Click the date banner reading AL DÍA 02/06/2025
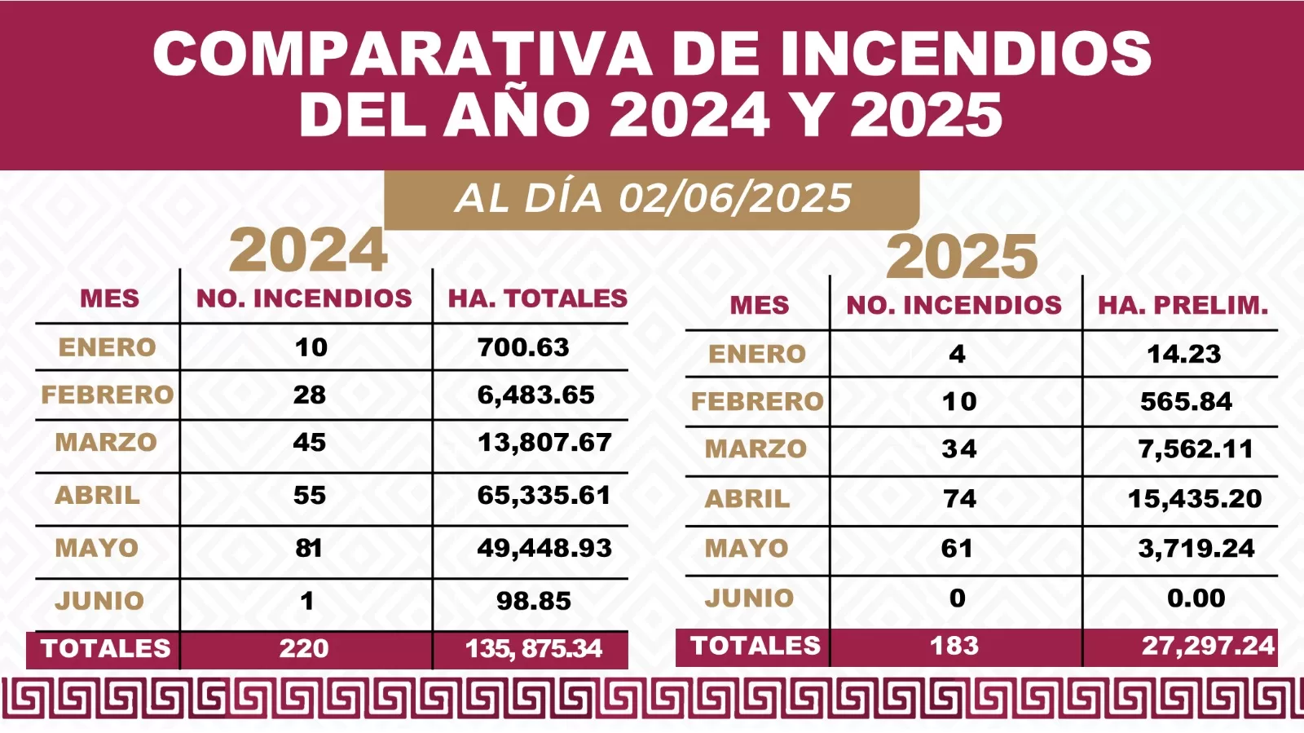[652, 198]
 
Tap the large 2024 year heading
[308, 250]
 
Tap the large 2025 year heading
[962, 257]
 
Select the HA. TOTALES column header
[537, 298]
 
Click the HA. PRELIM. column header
[1183, 305]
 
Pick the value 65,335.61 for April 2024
[544, 495]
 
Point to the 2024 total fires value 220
[304, 648]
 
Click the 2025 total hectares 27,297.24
[1208, 646]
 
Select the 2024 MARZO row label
[106, 443]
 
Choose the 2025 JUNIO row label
[749, 598]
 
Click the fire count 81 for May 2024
[309, 548]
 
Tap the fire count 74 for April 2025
[959, 498]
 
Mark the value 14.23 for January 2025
[1183, 354]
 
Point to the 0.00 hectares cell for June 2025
[1196, 598]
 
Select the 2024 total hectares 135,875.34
[534, 648]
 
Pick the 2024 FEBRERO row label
[108, 395]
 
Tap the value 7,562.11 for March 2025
[1196, 448]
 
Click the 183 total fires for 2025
[954, 646]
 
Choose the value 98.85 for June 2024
[534, 601]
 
